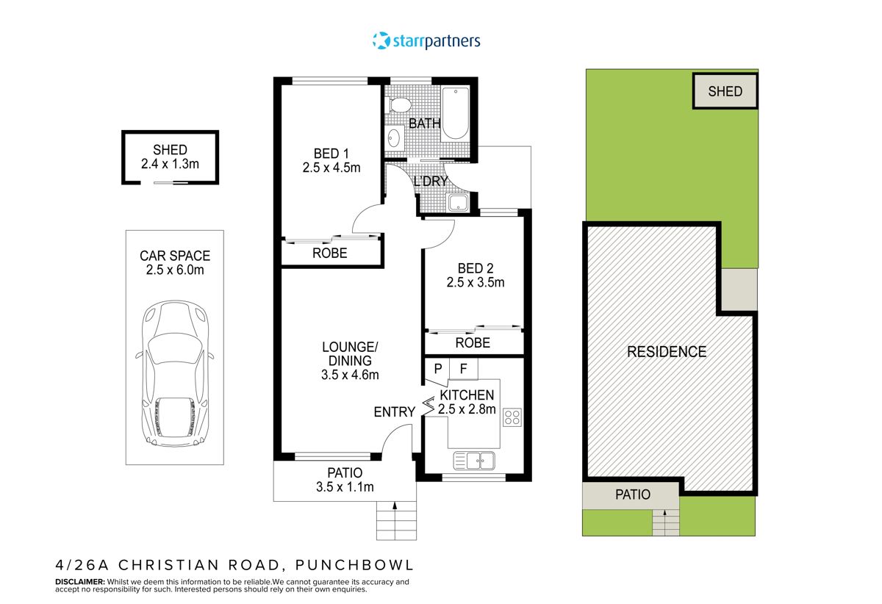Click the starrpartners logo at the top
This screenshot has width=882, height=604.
[426, 40]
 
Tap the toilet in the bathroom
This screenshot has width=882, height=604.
[400, 104]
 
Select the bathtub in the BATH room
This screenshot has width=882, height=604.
[455, 113]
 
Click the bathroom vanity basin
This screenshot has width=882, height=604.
[395, 137]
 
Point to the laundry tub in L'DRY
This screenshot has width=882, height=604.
[458, 204]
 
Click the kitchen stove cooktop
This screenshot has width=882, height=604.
[512, 417]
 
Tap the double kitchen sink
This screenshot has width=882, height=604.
[474, 461]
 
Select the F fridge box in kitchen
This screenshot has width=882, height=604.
[463, 369]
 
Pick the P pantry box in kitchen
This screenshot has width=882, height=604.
[437, 369]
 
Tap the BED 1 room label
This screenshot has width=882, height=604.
[331, 154]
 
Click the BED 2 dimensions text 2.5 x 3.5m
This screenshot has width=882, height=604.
[475, 282]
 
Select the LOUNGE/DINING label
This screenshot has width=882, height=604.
[350, 353]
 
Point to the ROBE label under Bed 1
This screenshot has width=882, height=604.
[330, 254]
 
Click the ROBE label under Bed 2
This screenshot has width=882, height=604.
[473, 343]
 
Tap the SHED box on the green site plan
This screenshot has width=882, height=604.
[725, 92]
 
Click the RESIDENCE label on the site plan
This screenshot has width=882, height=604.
[666, 352]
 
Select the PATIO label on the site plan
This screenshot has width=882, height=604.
[632, 495]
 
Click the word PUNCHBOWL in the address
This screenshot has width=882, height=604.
[355, 565]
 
